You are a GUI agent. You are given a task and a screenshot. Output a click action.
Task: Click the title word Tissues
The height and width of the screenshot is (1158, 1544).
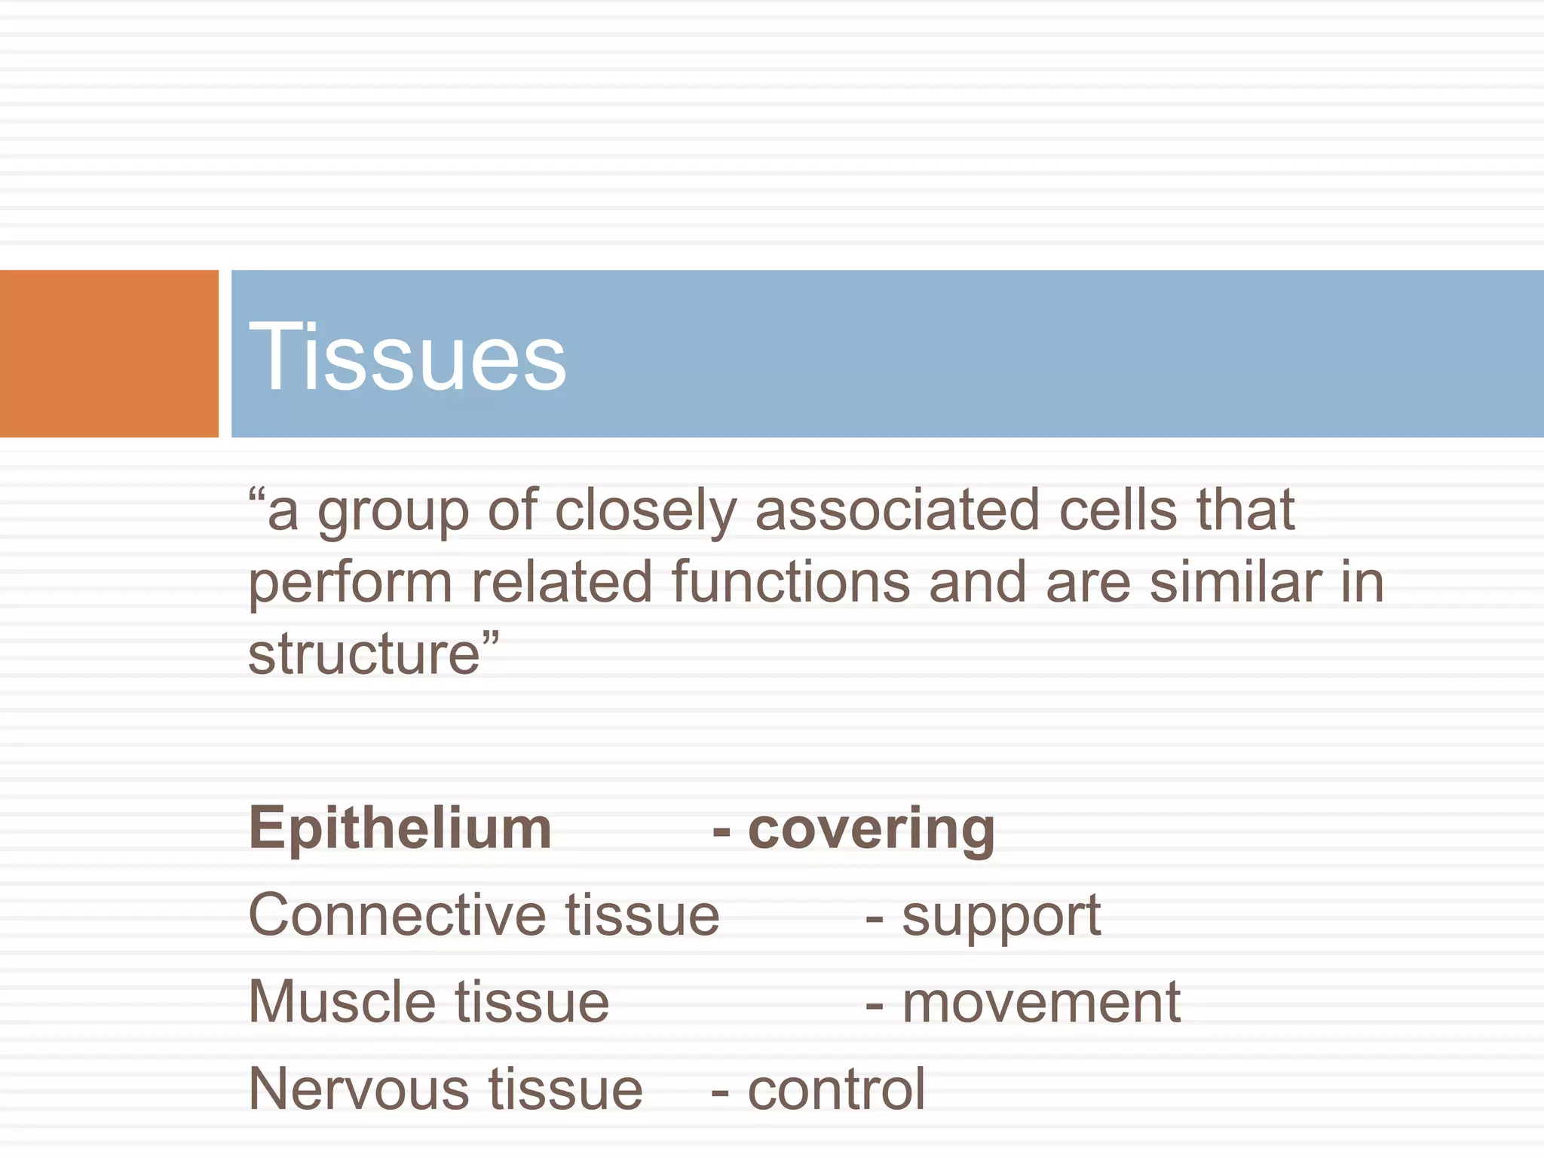(407, 356)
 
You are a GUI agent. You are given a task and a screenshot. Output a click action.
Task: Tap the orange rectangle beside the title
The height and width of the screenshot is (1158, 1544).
(109, 354)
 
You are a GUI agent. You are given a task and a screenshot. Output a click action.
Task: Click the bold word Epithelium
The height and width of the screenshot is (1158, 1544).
(400, 829)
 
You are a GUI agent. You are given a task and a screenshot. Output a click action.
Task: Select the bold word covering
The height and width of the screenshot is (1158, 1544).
(872, 829)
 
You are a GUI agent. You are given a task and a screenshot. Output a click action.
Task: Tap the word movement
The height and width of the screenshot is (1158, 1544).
(1041, 1003)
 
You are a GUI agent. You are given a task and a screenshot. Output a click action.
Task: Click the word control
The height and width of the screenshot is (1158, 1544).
(836, 1090)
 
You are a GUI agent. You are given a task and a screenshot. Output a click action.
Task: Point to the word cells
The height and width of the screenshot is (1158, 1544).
(1117, 510)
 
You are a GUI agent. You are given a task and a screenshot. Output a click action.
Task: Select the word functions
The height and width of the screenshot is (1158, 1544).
(791, 582)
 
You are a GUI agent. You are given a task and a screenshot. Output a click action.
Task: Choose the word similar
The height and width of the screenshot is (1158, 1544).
(1236, 582)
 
